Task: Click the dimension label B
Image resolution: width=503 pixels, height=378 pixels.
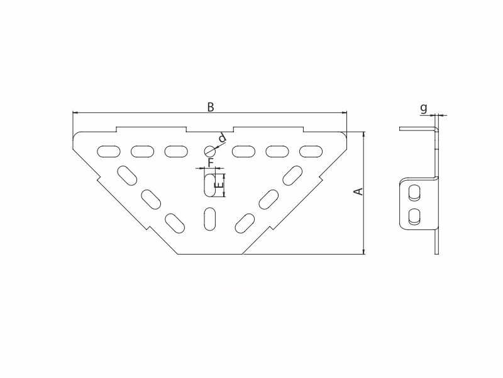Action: click(211, 107)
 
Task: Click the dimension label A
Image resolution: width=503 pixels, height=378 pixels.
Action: click(358, 192)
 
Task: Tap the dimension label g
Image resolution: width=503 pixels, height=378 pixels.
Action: click(424, 108)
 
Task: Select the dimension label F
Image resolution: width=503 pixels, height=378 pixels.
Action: click(211, 163)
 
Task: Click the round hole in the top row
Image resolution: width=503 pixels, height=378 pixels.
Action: click(209, 151)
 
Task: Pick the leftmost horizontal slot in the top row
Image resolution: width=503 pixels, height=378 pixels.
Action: click(108, 151)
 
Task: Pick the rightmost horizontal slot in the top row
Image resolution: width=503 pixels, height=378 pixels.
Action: click(310, 151)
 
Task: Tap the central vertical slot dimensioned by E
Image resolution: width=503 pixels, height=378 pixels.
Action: click(209, 186)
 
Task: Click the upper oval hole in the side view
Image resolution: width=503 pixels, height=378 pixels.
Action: click(414, 192)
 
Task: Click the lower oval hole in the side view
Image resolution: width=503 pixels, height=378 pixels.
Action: click(414, 217)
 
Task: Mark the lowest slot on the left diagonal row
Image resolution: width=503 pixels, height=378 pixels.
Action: click(175, 222)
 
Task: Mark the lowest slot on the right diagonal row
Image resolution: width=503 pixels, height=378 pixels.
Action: click(245, 222)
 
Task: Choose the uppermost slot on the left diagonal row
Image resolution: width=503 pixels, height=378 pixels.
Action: click(128, 175)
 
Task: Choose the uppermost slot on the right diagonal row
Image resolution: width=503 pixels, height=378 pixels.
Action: click(292, 175)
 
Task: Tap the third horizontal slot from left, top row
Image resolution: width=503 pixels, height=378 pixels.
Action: click(176, 151)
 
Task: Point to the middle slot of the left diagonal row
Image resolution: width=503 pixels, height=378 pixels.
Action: click(151, 198)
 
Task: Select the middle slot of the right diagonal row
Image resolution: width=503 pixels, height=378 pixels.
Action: click(268, 198)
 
